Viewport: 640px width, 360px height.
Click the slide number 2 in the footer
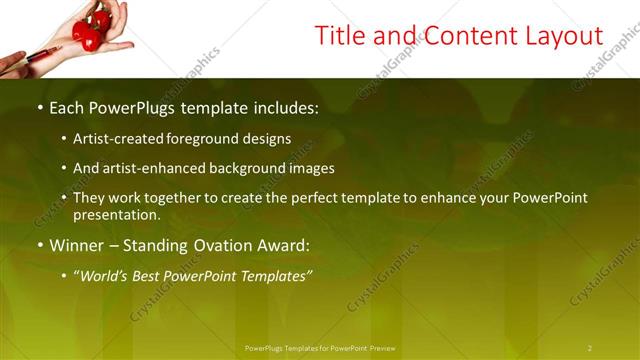(x=590, y=347)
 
